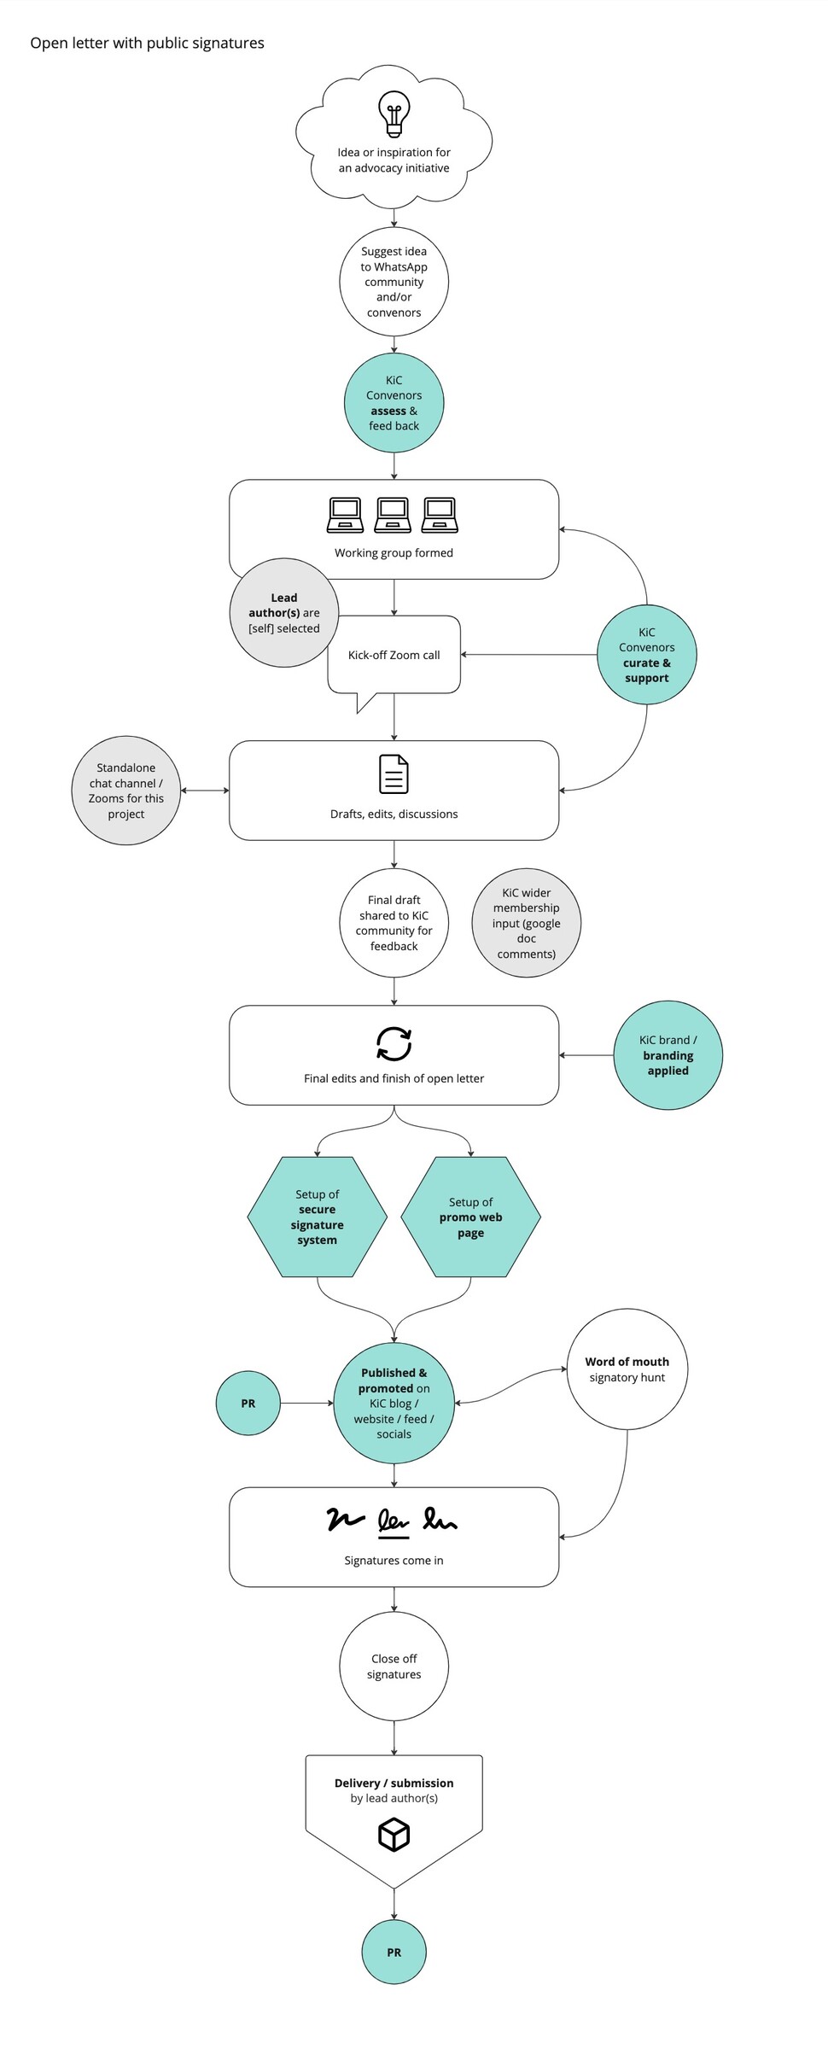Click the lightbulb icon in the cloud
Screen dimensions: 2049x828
(x=394, y=114)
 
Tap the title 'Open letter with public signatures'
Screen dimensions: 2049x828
(x=147, y=44)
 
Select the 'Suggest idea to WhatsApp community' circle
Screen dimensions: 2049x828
(x=394, y=282)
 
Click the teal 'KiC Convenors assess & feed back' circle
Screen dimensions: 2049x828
(x=394, y=403)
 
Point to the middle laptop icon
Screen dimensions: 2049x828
(x=393, y=515)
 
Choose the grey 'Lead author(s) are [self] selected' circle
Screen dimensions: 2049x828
(x=284, y=613)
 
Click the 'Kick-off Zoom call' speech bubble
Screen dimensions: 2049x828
(x=394, y=656)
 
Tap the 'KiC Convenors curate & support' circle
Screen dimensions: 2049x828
(x=646, y=655)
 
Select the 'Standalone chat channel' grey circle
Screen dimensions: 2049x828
(x=126, y=791)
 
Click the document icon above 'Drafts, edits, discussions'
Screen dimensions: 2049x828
(x=394, y=773)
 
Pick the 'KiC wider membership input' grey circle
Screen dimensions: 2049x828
(x=526, y=923)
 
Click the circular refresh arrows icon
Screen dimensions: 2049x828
(x=394, y=1043)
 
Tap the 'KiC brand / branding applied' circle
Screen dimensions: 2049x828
(x=668, y=1055)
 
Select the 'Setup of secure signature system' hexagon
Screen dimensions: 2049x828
(x=317, y=1217)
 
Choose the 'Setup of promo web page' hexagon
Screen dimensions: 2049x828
(x=470, y=1217)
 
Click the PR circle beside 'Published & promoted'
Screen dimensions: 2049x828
(x=248, y=1403)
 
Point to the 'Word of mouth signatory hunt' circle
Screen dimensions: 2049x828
(x=627, y=1369)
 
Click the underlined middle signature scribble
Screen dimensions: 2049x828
(x=394, y=1521)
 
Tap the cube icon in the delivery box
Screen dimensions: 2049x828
(x=394, y=1834)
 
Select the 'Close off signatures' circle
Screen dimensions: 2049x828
(x=394, y=1667)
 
